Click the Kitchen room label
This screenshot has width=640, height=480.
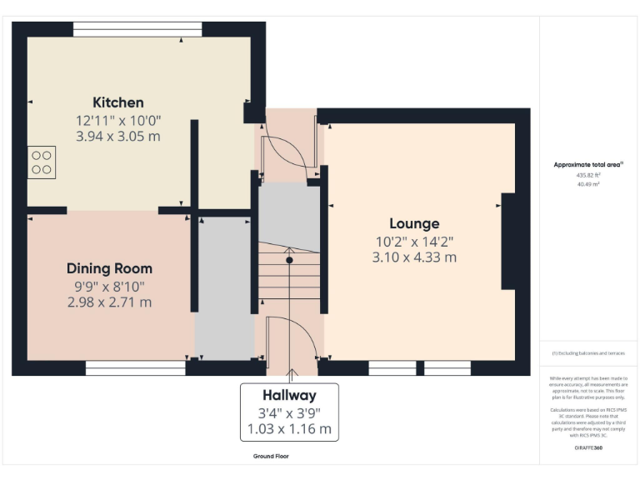tap(117, 102)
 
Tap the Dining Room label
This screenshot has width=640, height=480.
tap(109, 268)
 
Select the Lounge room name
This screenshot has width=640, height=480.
tap(414, 223)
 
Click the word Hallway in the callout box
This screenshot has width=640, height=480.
tap(289, 395)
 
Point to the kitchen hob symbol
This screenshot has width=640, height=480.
tap(42, 162)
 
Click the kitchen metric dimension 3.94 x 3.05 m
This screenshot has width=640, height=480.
tap(117, 136)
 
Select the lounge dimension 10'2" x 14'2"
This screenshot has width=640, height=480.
tap(414, 242)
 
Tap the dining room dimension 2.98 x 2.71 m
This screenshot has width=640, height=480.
tap(109, 302)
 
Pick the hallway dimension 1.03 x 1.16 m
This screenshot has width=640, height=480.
tap(289, 429)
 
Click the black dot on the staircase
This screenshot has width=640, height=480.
tap(289, 260)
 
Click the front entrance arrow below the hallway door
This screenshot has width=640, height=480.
tap(290, 375)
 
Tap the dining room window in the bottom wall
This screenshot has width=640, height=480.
tap(135, 367)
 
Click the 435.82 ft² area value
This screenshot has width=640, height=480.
tap(588, 176)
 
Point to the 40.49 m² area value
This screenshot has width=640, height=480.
tap(588, 184)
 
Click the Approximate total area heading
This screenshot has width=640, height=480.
tap(588, 165)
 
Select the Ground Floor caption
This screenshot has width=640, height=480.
tap(271, 457)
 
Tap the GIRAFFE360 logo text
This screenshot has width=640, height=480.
tap(588, 447)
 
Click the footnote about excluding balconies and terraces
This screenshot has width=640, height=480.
tap(588, 354)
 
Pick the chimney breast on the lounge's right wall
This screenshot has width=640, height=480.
tap(507, 241)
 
